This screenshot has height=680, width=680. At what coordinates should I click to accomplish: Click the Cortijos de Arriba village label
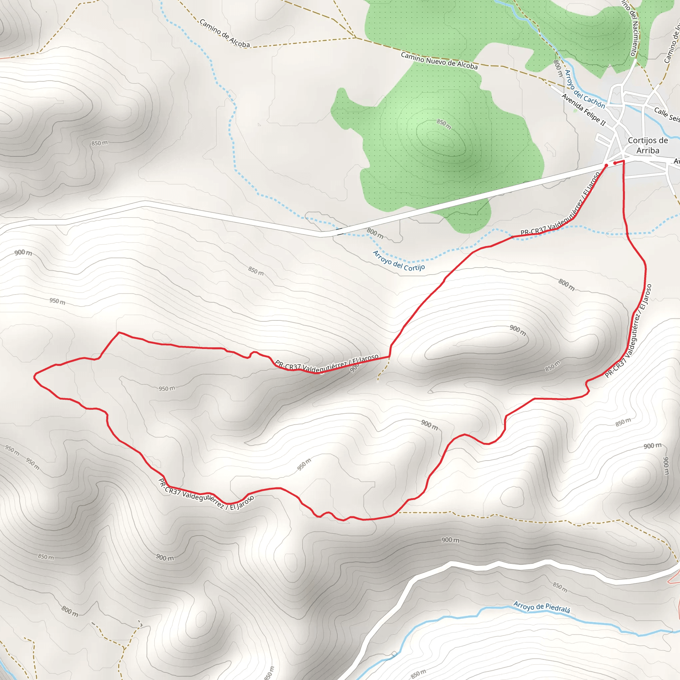pyautogui.click(x=647, y=145)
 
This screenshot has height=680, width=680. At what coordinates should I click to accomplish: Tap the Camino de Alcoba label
pyautogui.click(x=224, y=34)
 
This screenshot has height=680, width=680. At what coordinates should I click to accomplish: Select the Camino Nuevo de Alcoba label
pyautogui.click(x=439, y=60)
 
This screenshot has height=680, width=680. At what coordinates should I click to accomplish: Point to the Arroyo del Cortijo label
pyautogui.click(x=399, y=261)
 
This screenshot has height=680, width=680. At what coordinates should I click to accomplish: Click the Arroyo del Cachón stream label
pyautogui.click(x=585, y=89)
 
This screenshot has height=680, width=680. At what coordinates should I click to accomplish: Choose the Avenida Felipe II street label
pyautogui.click(x=584, y=110)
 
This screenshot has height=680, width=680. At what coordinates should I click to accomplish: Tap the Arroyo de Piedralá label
pyautogui.click(x=541, y=607)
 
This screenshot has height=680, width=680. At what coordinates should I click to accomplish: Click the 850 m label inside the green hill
pyautogui.click(x=444, y=124)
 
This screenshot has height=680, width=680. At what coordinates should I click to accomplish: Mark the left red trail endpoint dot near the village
pyautogui.click(x=606, y=165)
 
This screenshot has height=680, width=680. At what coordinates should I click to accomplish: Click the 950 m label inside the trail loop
pyautogui.click(x=167, y=388)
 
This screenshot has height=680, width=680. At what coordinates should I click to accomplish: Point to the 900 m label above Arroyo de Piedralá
pyautogui.click(x=450, y=540)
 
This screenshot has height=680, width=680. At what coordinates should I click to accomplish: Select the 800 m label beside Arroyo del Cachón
pyautogui.click(x=558, y=68)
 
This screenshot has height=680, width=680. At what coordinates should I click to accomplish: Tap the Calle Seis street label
pyautogui.click(x=667, y=115)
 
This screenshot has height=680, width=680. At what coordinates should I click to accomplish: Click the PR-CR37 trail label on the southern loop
pyautogui.click(x=206, y=494)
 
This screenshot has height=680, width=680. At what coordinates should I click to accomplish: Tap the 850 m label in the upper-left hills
pyautogui.click(x=100, y=143)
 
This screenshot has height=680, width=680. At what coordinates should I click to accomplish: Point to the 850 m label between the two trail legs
pyautogui.click(x=552, y=366)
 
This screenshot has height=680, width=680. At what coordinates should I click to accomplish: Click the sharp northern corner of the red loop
pyautogui.click(x=119, y=332)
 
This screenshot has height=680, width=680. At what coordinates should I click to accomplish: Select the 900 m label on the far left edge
pyautogui.click(x=23, y=252)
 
